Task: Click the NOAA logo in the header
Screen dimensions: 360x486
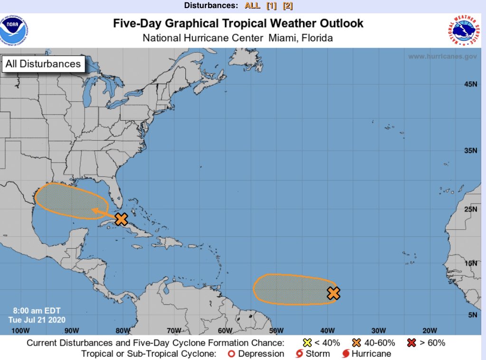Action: coord(14,29)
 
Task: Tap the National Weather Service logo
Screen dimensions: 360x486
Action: coord(463,29)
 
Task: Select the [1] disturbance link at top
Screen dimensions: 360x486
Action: coord(271,6)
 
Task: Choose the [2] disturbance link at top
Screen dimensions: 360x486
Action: coord(288,6)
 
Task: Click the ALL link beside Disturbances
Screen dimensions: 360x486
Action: coord(252,6)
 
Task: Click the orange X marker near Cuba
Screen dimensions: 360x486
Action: coord(122,219)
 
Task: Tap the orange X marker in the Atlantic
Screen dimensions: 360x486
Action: coord(334,293)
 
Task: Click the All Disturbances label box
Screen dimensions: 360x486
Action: coord(43,64)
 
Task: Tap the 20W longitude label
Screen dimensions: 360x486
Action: coord(429,331)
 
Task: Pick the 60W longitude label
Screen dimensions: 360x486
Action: coord(225,331)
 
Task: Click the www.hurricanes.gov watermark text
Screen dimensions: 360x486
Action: coord(442,57)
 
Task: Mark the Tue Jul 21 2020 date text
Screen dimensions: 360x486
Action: coord(37,320)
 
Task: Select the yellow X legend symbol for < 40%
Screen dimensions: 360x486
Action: coord(307,342)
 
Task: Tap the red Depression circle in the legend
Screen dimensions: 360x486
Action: coord(231,354)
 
